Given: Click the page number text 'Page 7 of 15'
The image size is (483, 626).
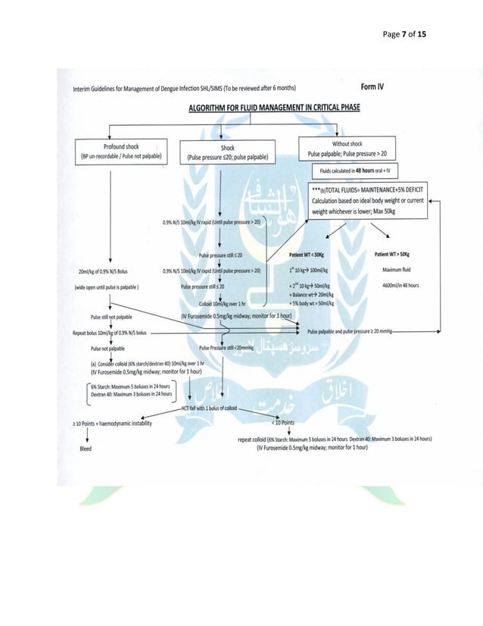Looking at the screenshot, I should click(404, 34).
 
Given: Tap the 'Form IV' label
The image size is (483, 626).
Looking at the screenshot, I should click(372, 87).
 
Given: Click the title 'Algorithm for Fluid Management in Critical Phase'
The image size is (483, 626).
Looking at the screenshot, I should click(273, 108).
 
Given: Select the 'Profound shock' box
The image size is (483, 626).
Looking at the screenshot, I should click(120, 152).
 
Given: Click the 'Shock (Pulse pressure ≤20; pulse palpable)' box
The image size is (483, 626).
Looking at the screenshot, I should click(226, 152).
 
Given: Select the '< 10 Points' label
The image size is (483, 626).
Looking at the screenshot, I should click(282, 423).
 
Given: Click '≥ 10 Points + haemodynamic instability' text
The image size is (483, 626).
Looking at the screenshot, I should click(112, 423).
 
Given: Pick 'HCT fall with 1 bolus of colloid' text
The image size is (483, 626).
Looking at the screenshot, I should click(209, 408).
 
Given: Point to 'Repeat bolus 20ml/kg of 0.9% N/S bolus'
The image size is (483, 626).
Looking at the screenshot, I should click(109, 332).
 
